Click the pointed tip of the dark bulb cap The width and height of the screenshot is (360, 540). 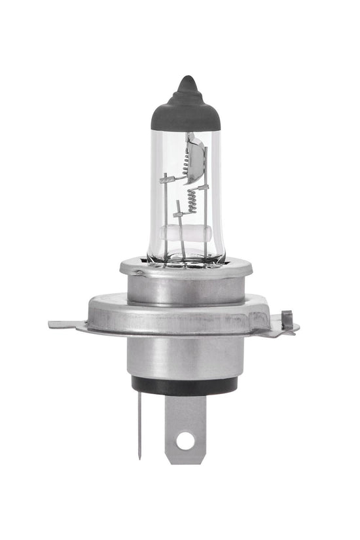(186, 81)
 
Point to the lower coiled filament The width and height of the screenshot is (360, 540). (192, 200)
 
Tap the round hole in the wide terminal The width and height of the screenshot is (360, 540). (185, 440)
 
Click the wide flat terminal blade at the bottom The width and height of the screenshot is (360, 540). (185, 425)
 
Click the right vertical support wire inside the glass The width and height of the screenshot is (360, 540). (206, 223)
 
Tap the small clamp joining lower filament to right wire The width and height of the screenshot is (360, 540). (204, 189)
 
